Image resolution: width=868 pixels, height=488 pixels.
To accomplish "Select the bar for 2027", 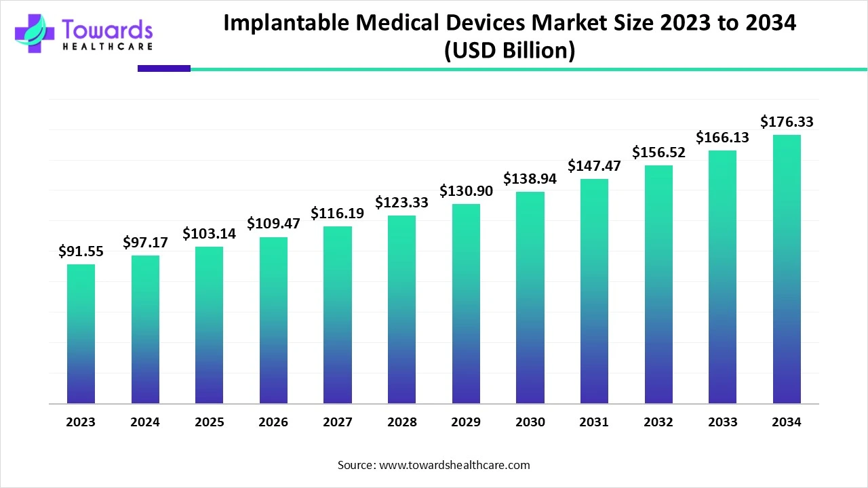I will point(338,314).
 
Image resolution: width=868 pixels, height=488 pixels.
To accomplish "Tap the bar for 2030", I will point(530,298).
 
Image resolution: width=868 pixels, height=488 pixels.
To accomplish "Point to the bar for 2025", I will point(209,325).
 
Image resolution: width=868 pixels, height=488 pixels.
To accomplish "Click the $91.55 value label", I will point(81,251).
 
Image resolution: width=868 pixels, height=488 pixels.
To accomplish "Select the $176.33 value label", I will point(787,122).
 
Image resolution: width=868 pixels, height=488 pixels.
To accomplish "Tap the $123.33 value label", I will point(401,203).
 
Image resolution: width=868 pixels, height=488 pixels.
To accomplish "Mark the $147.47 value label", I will point(594,166).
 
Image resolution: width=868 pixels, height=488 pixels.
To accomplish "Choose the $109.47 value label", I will point(273,223).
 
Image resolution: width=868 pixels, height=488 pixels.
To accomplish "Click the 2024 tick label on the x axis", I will point(145,422).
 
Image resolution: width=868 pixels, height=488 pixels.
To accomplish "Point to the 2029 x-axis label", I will point(466,422).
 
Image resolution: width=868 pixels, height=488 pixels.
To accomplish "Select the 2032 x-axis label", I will point(658,422).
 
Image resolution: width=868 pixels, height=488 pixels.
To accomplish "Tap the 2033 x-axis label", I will point(723,422).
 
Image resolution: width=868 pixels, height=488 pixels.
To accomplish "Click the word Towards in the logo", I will point(106,29).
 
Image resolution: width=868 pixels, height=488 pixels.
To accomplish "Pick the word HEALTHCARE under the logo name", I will point(106,47).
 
